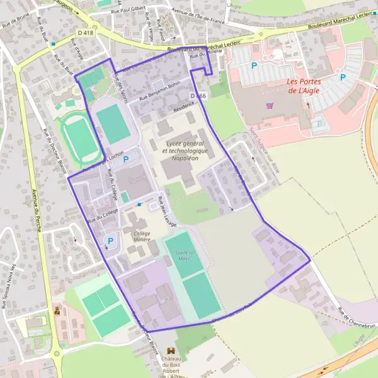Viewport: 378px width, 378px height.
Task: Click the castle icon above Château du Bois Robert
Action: (x=170, y=350)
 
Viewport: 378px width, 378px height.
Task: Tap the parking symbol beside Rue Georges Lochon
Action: (x=125, y=159)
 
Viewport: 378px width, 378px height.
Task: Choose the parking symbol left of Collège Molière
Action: (x=111, y=241)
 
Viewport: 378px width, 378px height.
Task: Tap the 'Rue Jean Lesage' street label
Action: (x=168, y=212)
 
